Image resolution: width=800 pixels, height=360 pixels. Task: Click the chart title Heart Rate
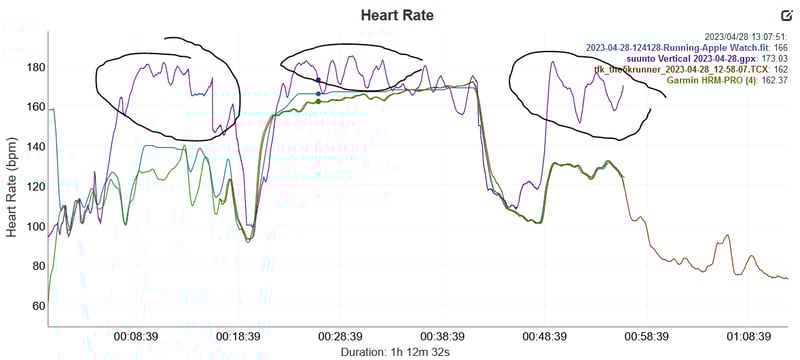point(399,16)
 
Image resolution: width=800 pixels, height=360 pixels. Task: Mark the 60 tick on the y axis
point(38,305)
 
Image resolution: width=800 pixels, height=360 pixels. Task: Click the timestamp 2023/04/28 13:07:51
point(745,36)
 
